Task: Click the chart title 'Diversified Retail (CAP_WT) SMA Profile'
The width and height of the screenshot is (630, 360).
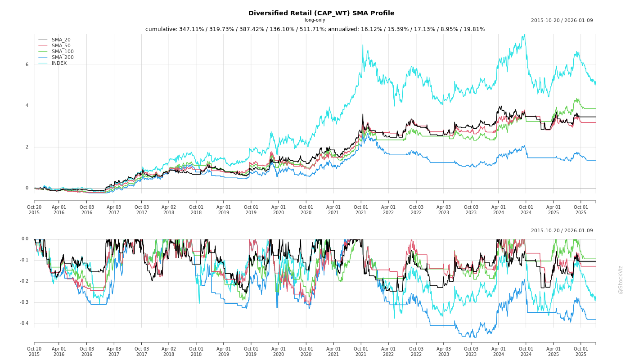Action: [x=321, y=13]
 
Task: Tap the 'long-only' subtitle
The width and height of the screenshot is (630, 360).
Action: [x=315, y=20]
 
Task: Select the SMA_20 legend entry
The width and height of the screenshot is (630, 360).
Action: [x=61, y=40]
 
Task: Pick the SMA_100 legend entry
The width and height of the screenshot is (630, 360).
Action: [x=63, y=52]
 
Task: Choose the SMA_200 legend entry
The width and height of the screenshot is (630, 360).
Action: [x=63, y=58]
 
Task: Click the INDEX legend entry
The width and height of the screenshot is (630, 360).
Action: [x=59, y=63]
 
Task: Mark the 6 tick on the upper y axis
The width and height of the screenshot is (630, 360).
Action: [x=27, y=64]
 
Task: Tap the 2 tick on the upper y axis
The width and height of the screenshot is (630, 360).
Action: [x=27, y=147]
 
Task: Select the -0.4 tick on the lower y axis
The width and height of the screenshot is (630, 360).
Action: [x=24, y=324]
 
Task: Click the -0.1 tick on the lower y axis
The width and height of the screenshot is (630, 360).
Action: [x=24, y=260]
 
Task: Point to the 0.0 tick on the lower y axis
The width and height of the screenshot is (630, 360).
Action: [x=25, y=239]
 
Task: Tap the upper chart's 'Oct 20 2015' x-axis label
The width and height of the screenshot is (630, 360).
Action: [x=34, y=210]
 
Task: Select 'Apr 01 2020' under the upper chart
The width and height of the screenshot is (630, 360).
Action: [x=279, y=210]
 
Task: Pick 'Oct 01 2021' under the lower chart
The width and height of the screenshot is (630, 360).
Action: [x=361, y=351]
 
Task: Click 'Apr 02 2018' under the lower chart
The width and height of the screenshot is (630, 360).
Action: [x=169, y=351]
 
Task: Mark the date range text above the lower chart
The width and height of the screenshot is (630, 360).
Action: [x=562, y=231]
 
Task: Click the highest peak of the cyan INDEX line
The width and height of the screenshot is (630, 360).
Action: [x=524, y=34]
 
